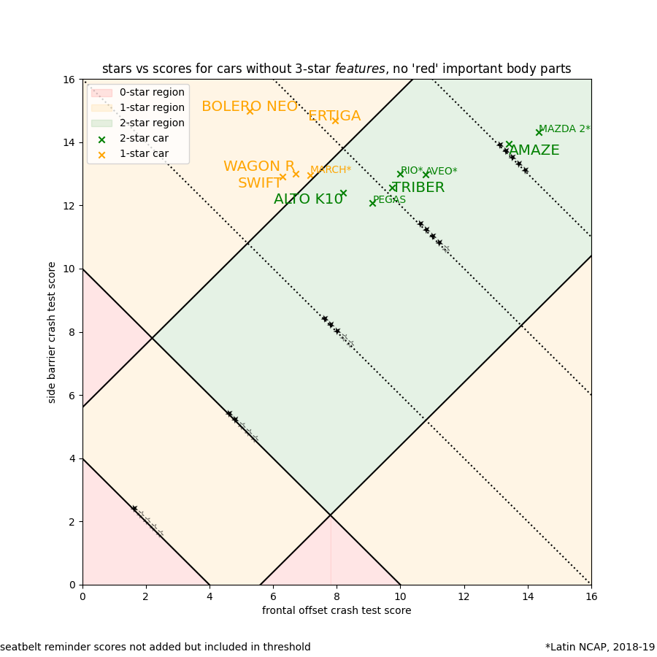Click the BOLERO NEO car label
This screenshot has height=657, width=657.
(x=249, y=107)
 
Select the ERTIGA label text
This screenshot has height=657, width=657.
(x=334, y=116)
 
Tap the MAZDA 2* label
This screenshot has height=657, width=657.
(x=564, y=129)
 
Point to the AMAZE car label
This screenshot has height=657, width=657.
(x=534, y=150)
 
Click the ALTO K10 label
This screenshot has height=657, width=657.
(x=308, y=199)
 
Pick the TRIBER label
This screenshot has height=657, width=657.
(x=418, y=188)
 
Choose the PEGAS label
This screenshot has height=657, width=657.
(x=389, y=200)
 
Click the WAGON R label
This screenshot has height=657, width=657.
(x=259, y=166)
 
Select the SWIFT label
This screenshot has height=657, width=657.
(x=259, y=183)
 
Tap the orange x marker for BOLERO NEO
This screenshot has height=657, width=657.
(x=250, y=111)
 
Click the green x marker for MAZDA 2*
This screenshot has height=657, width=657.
(x=539, y=132)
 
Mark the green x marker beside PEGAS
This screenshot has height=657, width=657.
(x=372, y=203)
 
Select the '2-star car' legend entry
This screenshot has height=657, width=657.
(x=144, y=139)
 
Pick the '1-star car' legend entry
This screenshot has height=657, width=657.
(x=144, y=154)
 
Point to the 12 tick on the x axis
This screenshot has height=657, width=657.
(x=464, y=596)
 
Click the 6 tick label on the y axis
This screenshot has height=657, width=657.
(x=72, y=395)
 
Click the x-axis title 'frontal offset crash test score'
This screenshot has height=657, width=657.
(x=337, y=611)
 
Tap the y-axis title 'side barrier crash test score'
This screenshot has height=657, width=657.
(x=52, y=332)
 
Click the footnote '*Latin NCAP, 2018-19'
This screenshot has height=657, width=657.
(x=599, y=648)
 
